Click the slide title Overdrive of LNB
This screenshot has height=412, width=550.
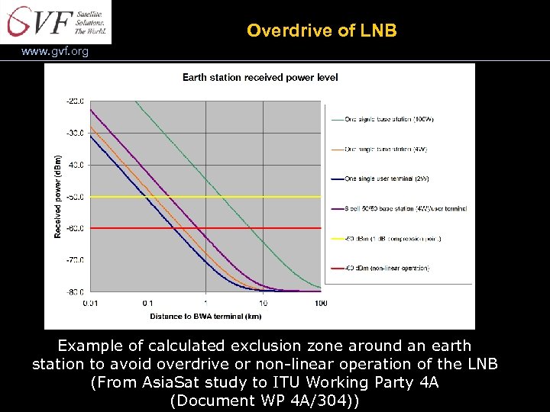point(322,31)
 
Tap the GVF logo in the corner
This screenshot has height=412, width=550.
point(56,21)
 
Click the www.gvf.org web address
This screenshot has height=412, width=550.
point(55,52)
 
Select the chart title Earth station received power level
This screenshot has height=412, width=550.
point(260,77)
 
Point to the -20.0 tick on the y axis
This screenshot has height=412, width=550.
point(76,101)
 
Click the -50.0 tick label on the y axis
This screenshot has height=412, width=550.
point(76,197)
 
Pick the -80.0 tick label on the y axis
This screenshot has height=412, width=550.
point(76,292)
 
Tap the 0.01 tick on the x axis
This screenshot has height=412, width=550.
point(91,303)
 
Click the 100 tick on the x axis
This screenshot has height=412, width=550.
point(321,303)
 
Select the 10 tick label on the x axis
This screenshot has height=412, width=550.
point(264,303)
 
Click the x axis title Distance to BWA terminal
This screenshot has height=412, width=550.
point(205,316)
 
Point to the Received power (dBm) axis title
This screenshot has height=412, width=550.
point(59,196)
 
